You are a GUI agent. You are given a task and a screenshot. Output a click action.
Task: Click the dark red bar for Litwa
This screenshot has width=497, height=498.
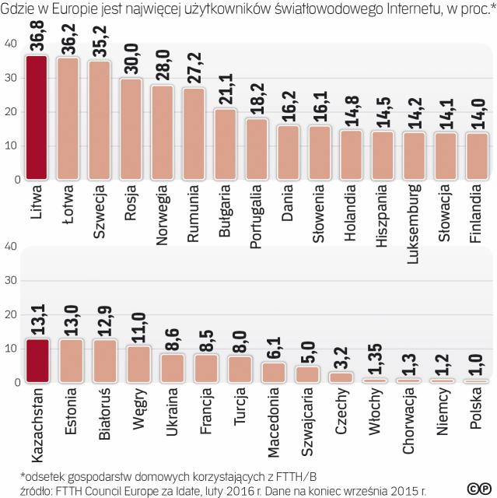pos(37,117)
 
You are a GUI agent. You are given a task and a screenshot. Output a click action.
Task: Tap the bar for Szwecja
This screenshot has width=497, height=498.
pos(100,119)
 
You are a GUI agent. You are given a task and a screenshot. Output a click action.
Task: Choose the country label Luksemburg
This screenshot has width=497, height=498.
pos(413,221)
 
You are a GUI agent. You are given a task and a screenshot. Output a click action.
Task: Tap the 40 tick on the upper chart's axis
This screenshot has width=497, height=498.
pos(9,44)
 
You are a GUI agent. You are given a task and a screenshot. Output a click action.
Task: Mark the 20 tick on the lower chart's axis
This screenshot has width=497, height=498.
pos(9,314)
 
